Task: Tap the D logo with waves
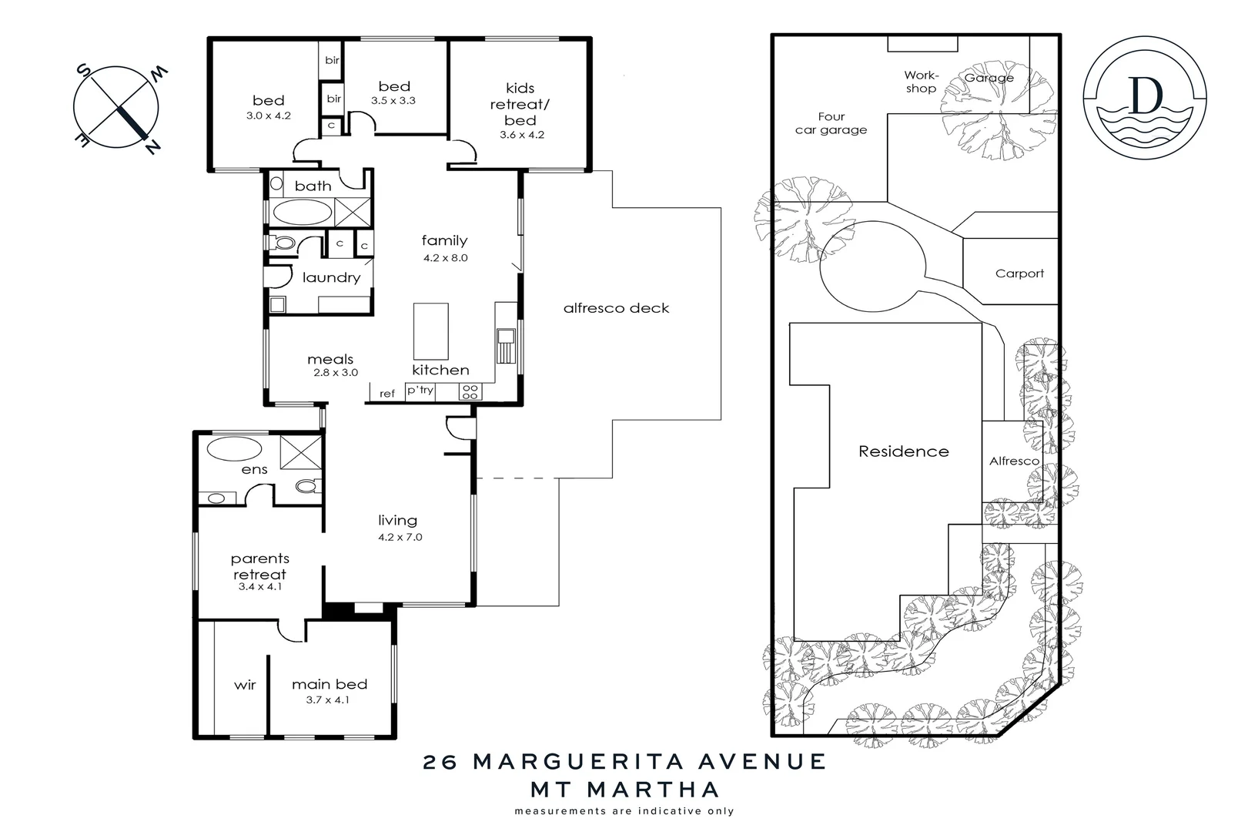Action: click(x=1145, y=96)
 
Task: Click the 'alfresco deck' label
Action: click(x=616, y=308)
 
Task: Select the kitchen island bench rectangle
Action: click(x=430, y=330)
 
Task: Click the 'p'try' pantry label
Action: click(x=420, y=391)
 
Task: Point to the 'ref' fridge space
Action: click(x=387, y=394)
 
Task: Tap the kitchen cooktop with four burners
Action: click(x=470, y=392)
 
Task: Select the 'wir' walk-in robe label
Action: click(x=245, y=684)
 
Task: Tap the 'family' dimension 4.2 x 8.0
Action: click(x=445, y=258)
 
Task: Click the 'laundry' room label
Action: click(x=331, y=277)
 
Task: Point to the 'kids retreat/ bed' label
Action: click(x=520, y=104)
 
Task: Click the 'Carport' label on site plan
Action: click(x=1019, y=273)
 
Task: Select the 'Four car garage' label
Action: click(x=831, y=123)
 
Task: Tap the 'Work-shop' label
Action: click(x=921, y=82)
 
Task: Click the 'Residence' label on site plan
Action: click(x=904, y=451)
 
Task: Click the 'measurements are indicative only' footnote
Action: click(x=624, y=810)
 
